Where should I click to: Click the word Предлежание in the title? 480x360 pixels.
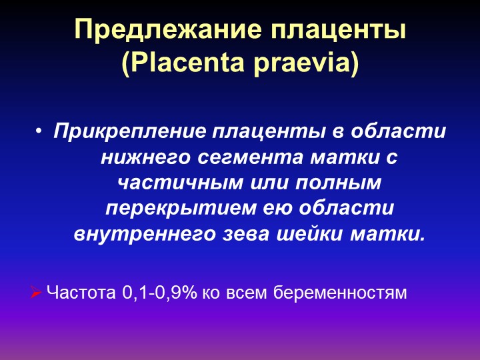tap(168, 29)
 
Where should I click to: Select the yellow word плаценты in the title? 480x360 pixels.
tap(338, 31)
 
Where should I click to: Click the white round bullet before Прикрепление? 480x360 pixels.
tap(38, 131)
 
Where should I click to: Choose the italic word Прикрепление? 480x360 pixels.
tap(130, 132)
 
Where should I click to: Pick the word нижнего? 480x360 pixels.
tap(146, 158)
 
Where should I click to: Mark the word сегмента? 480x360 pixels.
tap(251, 158)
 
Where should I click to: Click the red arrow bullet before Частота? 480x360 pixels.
tap(36, 293)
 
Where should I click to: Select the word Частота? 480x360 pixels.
tap(81, 293)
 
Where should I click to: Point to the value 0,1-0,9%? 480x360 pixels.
tap(159, 293)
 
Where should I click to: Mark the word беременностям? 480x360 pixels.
tap(340, 293)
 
